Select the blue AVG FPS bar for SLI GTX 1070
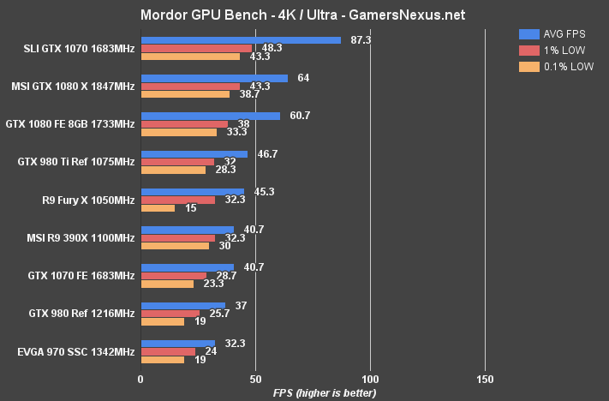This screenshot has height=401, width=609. click(x=241, y=40)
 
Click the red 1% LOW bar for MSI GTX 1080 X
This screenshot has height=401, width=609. click(x=190, y=87)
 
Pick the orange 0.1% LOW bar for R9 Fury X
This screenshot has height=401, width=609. click(x=158, y=208)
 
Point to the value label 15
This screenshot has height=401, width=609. click(x=189, y=208)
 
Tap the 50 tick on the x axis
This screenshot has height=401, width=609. click(x=255, y=379)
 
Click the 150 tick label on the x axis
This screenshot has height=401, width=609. click(x=485, y=379)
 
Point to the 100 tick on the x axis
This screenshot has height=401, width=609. click(x=370, y=379)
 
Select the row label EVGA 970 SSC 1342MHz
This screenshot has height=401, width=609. click(x=75, y=351)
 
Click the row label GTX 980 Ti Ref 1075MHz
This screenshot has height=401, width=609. click(x=76, y=161)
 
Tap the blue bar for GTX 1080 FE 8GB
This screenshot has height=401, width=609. click(x=210, y=116)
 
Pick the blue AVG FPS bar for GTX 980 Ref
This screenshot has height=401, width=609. click(x=182, y=305)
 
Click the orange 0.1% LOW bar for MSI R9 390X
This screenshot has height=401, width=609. click(x=175, y=246)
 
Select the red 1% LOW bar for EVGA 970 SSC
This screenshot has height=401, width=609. click(x=168, y=351)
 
